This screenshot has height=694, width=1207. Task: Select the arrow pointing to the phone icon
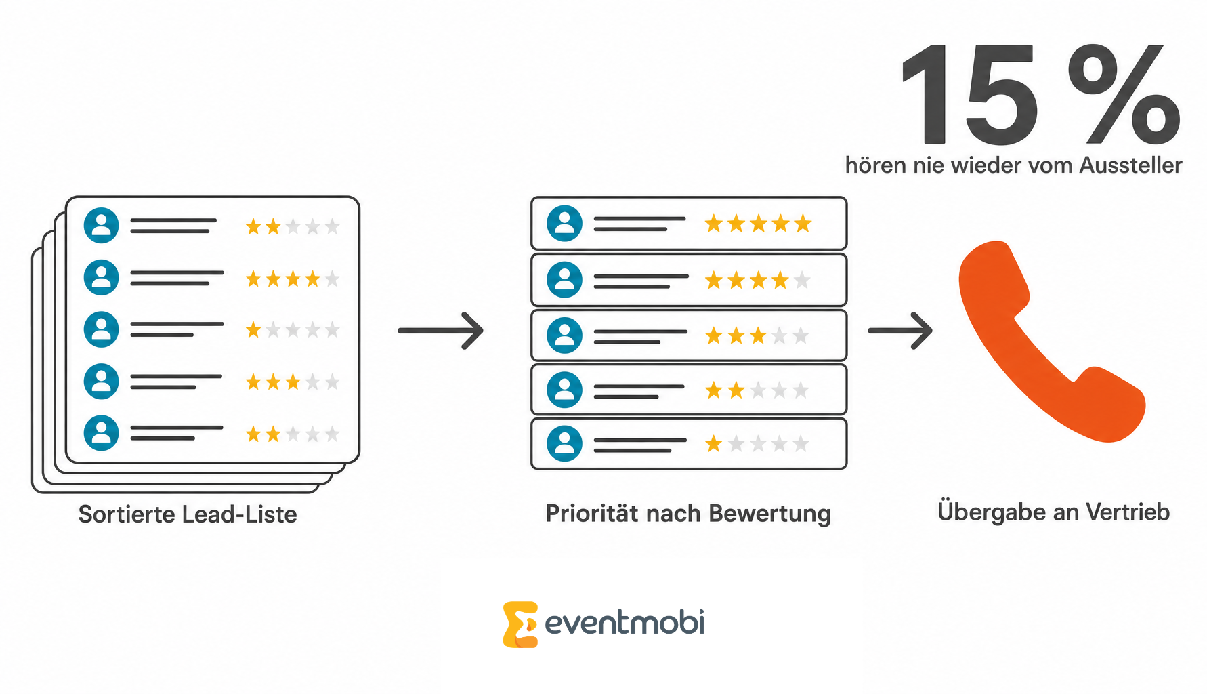(x=900, y=331)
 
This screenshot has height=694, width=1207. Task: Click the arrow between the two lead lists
(x=440, y=331)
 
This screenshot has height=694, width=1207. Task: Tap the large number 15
(x=969, y=94)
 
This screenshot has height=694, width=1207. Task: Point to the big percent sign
(x=1124, y=94)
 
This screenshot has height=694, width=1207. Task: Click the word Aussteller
(x=1130, y=165)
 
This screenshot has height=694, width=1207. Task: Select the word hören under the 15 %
(x=876, y=165)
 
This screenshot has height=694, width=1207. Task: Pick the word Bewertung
(x=769, y=514)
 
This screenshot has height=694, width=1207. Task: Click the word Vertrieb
(x=1128, y=512)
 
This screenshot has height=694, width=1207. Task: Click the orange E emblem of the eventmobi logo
(x=520, y=624)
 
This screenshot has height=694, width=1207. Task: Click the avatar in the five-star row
(x=564, y=224)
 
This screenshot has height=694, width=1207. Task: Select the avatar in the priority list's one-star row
(x=564, y=444)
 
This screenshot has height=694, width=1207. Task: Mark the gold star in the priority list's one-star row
(x=713, y=444)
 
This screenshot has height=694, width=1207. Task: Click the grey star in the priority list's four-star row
(x=802, y=280)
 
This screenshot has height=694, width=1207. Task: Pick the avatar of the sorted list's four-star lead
(x=101, y=277)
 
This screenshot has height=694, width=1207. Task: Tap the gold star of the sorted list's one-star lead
(x=253, y=330)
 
